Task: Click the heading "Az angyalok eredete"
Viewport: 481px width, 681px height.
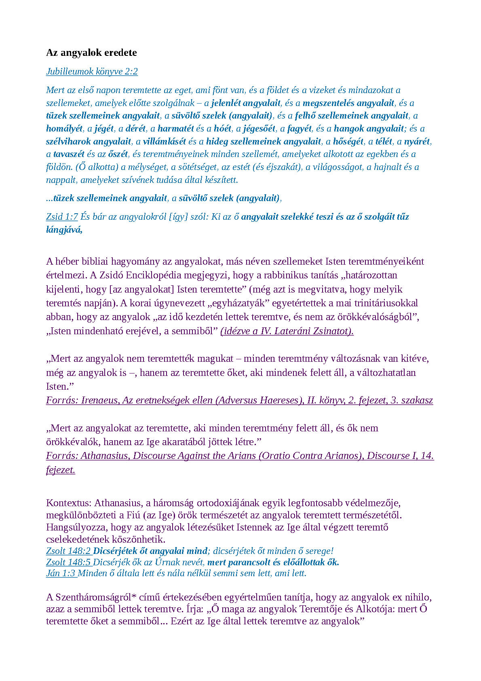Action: click(91, 53)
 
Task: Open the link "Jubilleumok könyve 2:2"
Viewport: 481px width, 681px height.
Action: click(92, 72)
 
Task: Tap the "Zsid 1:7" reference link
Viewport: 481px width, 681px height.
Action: click(62, 217)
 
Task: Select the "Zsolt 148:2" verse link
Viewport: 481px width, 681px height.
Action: click(69, 551)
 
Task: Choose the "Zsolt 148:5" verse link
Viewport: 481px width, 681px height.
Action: click(69, 562)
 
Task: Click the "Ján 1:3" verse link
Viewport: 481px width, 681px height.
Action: click(61, 573)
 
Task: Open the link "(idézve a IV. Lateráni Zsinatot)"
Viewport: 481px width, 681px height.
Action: click(287, 331)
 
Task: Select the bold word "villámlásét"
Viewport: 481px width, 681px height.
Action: click(165, 142)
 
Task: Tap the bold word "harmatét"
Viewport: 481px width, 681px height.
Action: click(176, 129)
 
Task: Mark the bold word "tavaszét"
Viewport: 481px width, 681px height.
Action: click(69, 154)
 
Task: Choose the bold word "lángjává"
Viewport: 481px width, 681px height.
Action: click(64, 230)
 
